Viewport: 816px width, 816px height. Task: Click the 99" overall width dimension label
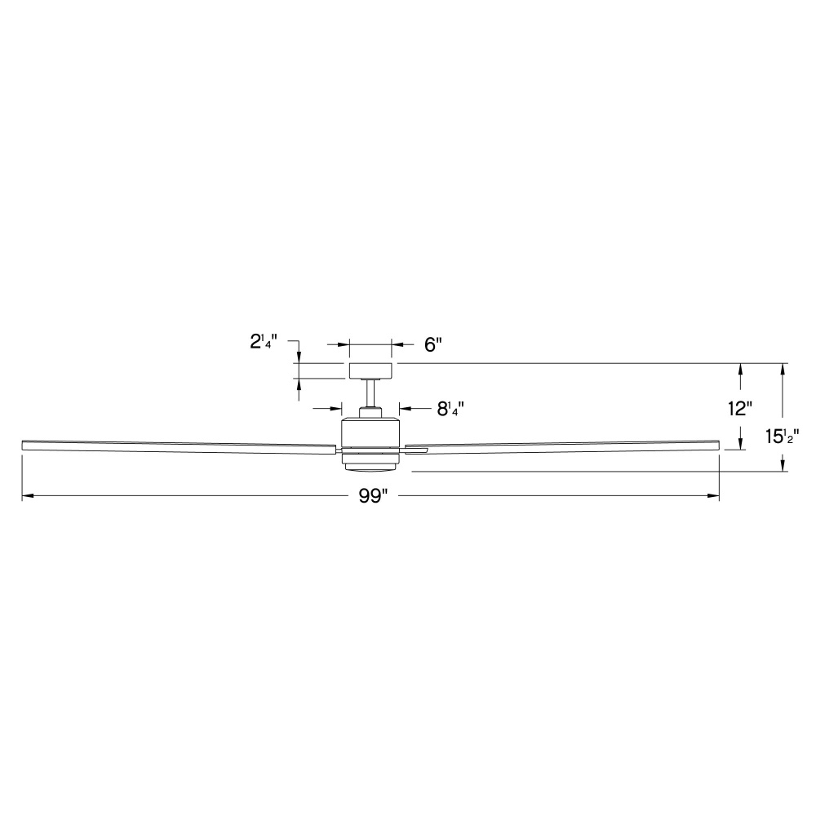(373, 496)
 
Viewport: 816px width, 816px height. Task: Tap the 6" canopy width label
(433, 344)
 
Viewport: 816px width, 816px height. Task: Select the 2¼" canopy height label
(264, 342)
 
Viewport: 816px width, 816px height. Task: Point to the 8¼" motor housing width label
(450, 409)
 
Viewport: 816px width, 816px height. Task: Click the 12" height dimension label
(740, 409)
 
